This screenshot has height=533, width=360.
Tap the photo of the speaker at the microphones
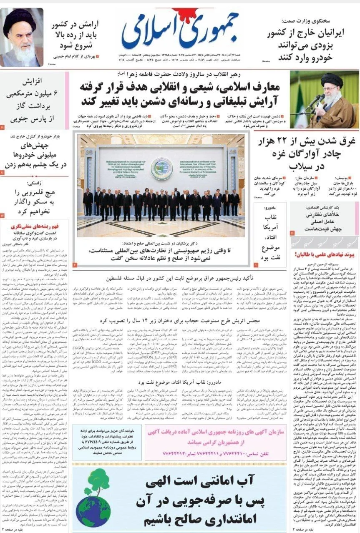pyautogui.click(x=325, y=100)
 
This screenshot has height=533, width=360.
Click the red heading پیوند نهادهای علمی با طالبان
pyautogui.click(x=324, y=254)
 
